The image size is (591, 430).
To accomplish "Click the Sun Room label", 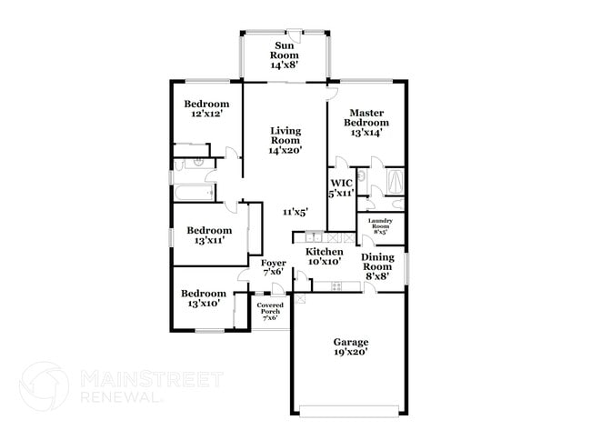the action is pyautogui.click(x=285, y=51).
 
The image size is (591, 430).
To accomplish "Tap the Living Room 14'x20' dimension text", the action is pyautogui.click(x=285, y=150).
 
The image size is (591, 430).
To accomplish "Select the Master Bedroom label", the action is pyautogui.click(x=366, y=117).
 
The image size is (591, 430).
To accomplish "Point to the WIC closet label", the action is pyautogui.click(x=341, y=184).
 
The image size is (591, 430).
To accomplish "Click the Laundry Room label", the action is pyautogui.click(x=380, y=223).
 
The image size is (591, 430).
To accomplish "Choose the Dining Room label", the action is pyautogui.click(x=377, y=262).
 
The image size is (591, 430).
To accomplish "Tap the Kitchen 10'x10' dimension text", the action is pyautogui.click(x=325, y=261).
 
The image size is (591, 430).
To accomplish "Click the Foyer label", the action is pyautogui.click(x=274, y=263).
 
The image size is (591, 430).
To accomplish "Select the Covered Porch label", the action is pyautogui.click(x=270, y=308).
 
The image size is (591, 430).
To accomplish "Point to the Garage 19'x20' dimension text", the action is pyautogui.click(x=351, y=352).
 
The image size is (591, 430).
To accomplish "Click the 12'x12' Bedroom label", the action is pyautogui.click(x=206, y=104).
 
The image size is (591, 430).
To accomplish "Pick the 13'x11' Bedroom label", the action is pyautogui.click(x=209, y=230).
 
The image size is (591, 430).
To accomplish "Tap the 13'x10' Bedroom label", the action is pyautogui.click(x=204, y=294).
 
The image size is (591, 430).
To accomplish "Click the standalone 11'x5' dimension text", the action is pyautogui.click(x=295, y=212).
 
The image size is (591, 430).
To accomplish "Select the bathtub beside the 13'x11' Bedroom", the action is pyautogui.click(x=194, y=193).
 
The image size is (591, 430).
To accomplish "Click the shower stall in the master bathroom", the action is pyautogui.click(x=396, y=181).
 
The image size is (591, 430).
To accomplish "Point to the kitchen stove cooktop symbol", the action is pyautogui.click(x=336, y=286).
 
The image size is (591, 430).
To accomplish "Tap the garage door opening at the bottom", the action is pyautogui.click(x=349, y=411).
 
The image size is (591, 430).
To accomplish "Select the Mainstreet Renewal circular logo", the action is pyautogui.click(x=45, y=386).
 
